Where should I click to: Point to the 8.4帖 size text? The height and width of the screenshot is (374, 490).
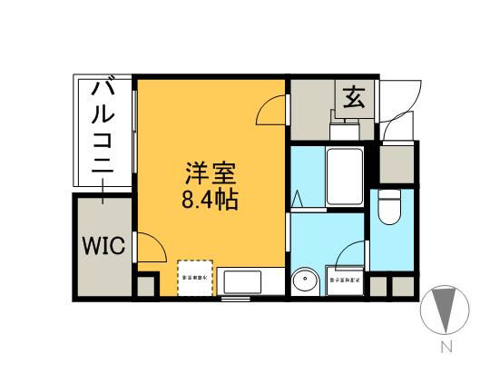pos(210,199)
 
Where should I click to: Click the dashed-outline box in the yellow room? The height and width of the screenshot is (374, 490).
pos(195,279)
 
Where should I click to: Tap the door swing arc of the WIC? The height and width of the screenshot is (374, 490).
pos(150,248)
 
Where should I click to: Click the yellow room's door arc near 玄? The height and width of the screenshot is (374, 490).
pos(270,111)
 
